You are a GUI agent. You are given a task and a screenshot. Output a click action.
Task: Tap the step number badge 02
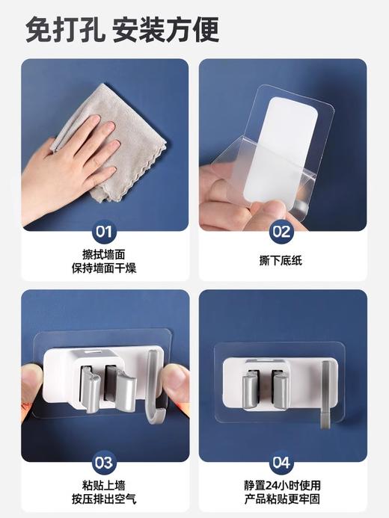[282, 231]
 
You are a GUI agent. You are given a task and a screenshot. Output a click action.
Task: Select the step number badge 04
[282, 462]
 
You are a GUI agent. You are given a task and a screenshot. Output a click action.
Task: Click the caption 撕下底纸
[282, 261]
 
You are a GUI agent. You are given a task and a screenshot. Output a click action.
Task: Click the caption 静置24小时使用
[282, 484]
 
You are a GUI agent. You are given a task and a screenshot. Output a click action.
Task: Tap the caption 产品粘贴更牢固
[282, 499]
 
